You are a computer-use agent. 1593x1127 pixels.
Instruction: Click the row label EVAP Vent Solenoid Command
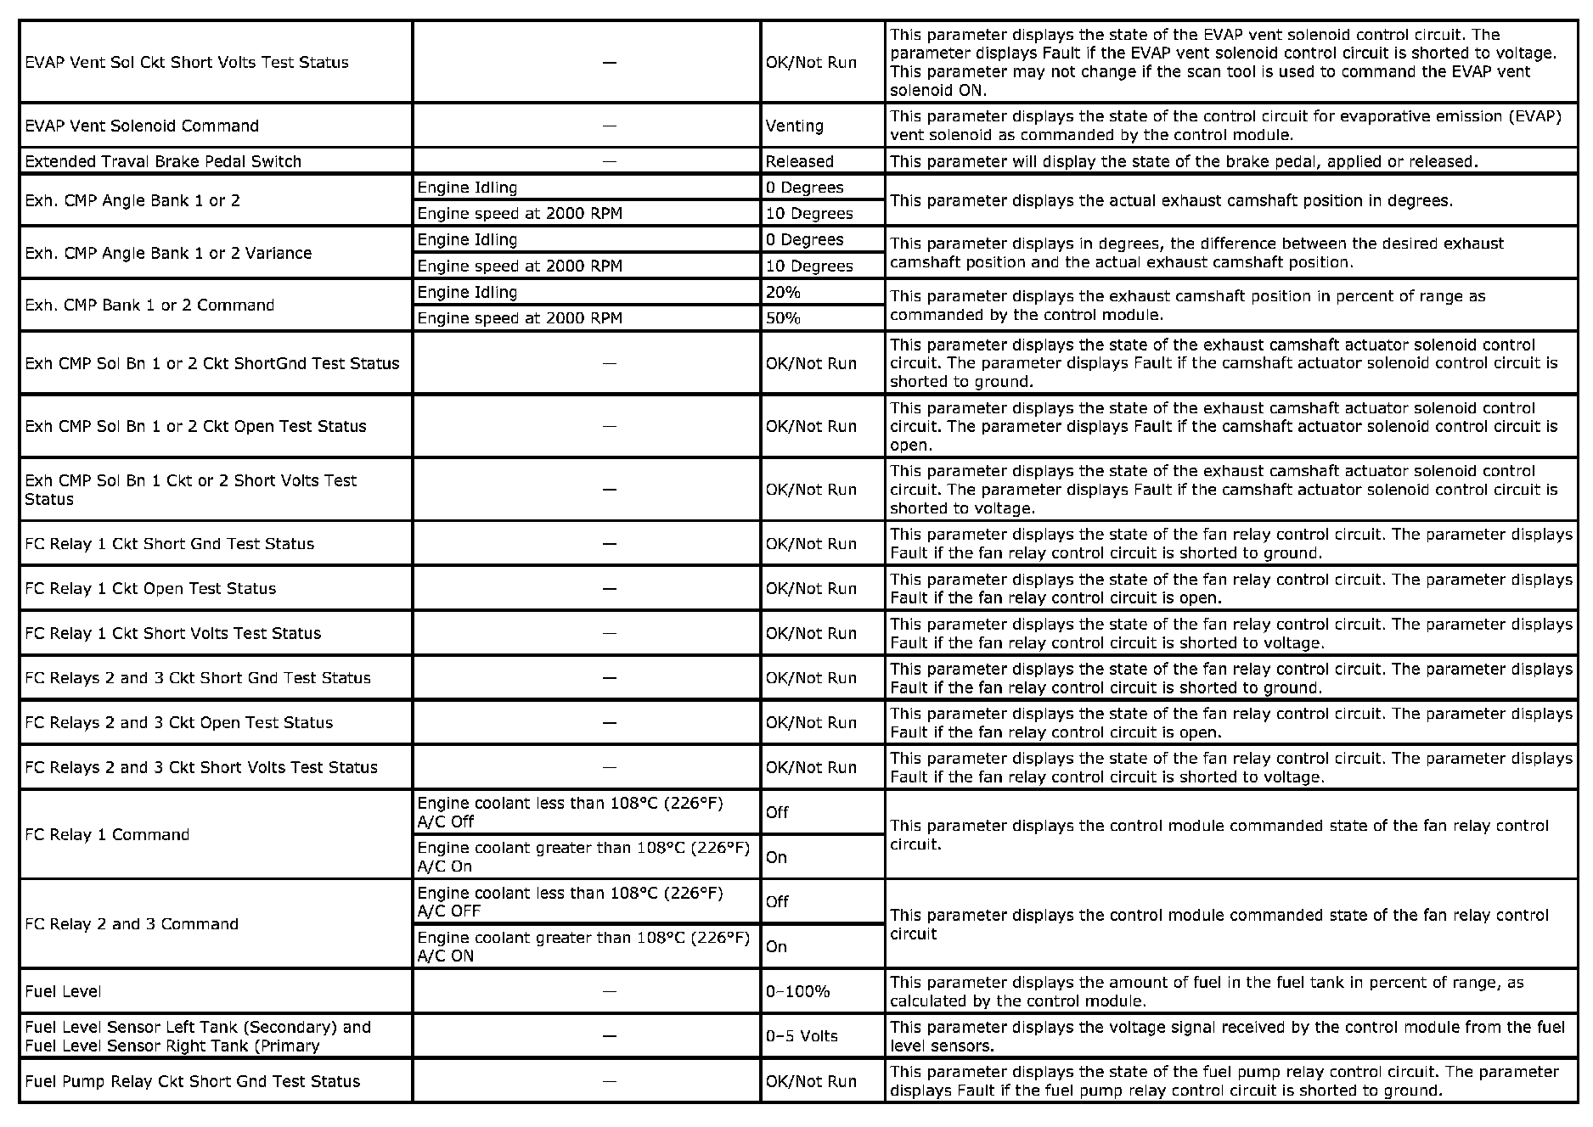(x=142, y=126)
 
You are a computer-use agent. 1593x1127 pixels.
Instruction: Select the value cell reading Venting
(x=794, y=126)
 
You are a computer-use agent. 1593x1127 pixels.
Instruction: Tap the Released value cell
(x=799, y=161)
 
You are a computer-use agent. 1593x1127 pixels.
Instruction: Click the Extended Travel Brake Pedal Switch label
(x=163, y=161)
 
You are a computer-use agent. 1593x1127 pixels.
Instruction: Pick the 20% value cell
(x=783, y=292)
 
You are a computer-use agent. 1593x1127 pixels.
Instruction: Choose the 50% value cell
(x=783, y=318)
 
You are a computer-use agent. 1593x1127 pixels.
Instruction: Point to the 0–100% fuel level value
(x=797, y=991)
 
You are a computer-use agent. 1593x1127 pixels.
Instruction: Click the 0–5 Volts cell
(x=801, y=1036)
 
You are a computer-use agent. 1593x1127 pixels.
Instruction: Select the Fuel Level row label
(x=63, y=991)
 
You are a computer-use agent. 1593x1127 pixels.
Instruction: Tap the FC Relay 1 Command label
(x=107, y=834)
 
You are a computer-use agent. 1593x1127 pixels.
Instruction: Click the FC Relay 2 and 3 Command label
(x=132, y=923)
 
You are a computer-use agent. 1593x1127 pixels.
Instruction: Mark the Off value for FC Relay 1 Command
(x=777, y=812)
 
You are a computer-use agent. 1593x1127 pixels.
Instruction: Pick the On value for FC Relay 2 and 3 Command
(x=776, y=946)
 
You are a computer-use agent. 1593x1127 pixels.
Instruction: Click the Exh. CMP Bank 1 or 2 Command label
(x=149, y=305)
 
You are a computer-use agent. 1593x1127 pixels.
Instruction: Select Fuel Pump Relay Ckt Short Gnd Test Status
(x=193, y=1081)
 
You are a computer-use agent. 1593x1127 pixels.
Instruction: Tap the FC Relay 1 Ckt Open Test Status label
(x=150, y=588)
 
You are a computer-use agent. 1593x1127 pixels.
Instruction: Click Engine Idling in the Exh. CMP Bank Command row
(x=467, y=292)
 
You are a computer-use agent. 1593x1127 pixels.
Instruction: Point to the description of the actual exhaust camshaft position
(x=1171, y=200)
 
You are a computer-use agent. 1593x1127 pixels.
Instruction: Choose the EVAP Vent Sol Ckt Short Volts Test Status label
(x=187, y=62)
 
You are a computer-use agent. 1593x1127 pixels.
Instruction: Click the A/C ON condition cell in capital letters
(x=583, y=946)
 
